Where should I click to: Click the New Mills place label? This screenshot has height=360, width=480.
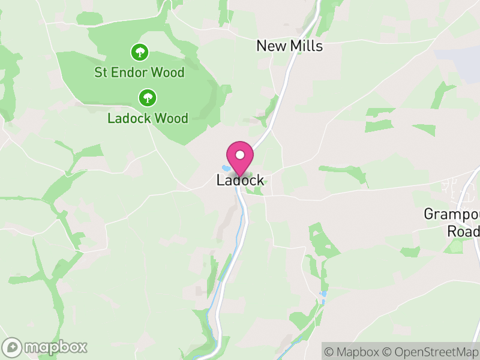(289, 46)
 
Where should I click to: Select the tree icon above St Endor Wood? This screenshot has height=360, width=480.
(140, 52)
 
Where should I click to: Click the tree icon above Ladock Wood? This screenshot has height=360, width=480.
(148, 97)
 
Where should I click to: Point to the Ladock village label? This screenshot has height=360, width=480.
(240, 181)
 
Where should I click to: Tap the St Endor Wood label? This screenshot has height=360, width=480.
(139, 73)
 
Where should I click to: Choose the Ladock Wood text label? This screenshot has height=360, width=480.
(148, 118)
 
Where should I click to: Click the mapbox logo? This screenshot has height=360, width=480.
(46, 347)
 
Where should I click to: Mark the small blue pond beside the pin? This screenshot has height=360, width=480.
(225, 169)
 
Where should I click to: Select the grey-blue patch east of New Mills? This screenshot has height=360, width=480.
(465, 57)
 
